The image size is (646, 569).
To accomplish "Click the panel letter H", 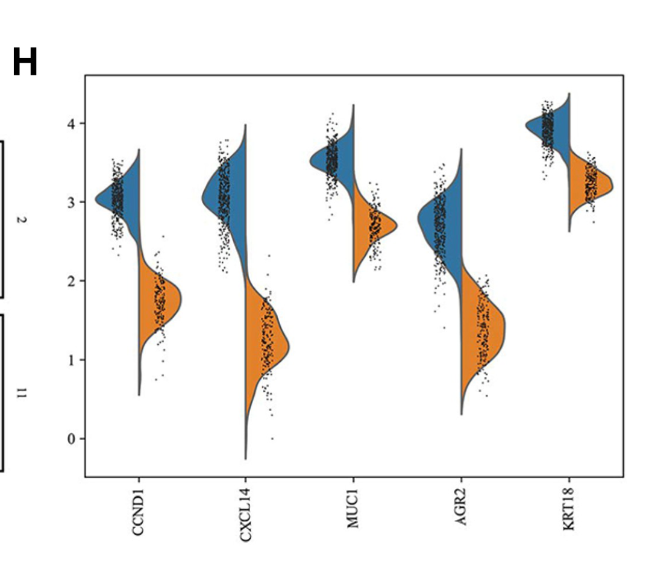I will tap(25, 63).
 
